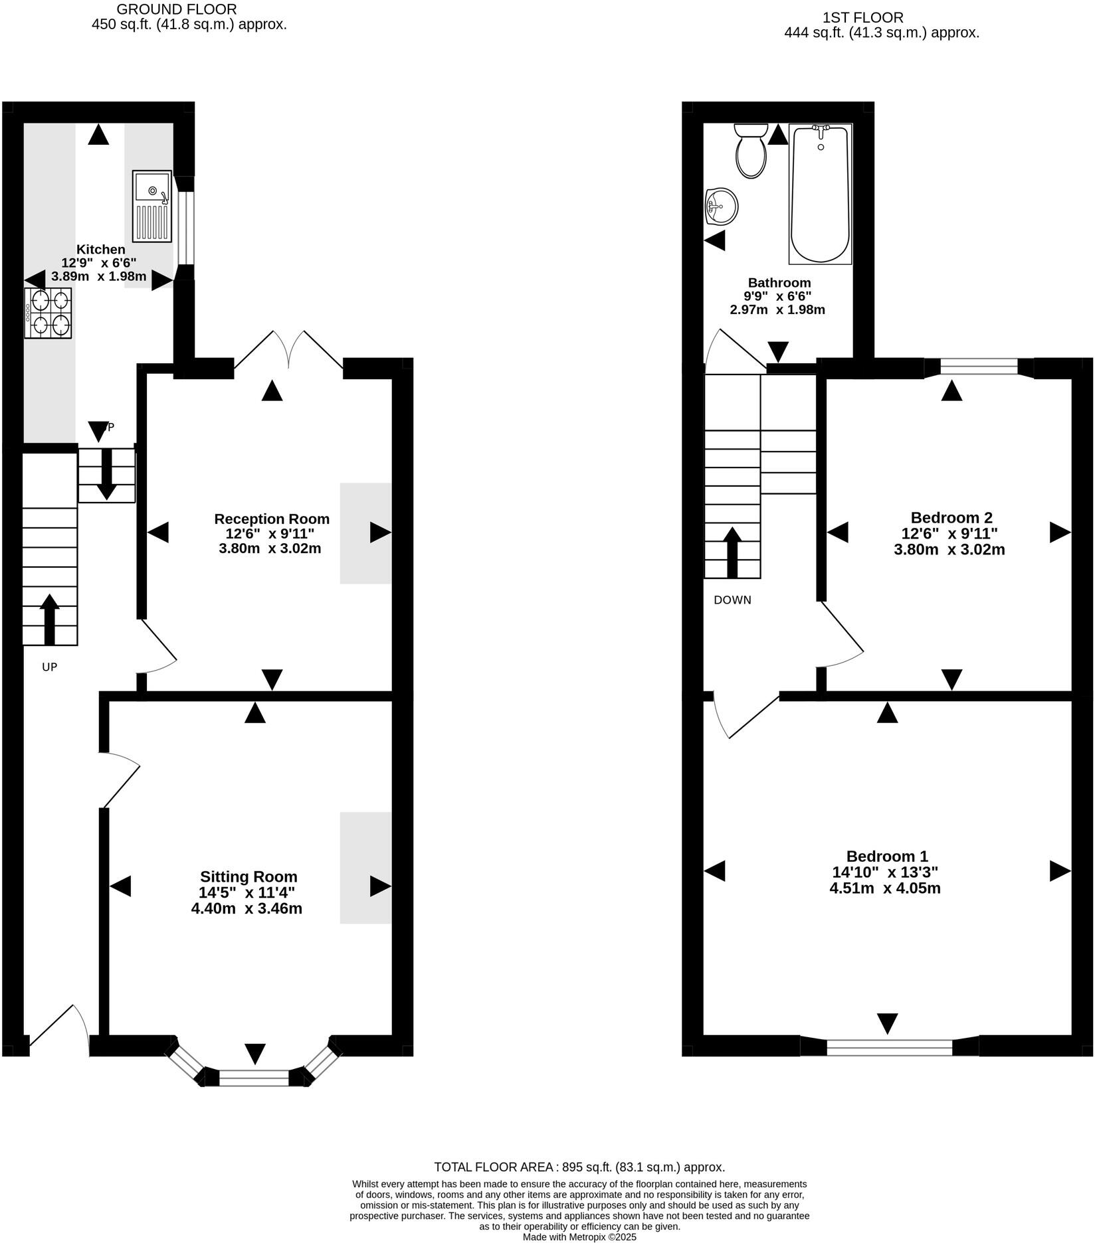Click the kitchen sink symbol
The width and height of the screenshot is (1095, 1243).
[x=152, y=206]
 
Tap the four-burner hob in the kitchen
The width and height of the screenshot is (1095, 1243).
[x=49, y=313]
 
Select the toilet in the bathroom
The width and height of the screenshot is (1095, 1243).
[x=751, y=151]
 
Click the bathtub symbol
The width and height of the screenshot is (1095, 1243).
[x=820, y=194]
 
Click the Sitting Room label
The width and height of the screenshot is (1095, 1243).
[x=249, y=877]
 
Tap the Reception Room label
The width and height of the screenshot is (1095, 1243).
[x=272, y=519]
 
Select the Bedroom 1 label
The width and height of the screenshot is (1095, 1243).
[x=886, y=857]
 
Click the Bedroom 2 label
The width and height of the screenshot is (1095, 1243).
[x=951, y=518]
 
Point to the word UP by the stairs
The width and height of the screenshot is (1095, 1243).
[x=50, y=667]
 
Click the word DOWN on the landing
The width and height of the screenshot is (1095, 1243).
[x=732, y=600]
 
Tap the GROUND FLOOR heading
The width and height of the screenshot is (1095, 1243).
[x=176, y=10]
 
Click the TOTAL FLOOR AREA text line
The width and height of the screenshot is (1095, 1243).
[x=579, y=1167]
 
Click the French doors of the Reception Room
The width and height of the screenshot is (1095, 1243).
[x=288, y=349]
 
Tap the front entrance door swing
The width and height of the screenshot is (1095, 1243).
[x=60, y=1030]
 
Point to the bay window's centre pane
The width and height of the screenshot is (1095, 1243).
[x=254, y=1077]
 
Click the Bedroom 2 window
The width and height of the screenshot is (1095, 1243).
[x=979, y=367]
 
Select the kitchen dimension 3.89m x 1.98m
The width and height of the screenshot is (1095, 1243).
[x=98, y=276]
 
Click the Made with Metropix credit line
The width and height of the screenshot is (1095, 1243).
[x=579, y=1237]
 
